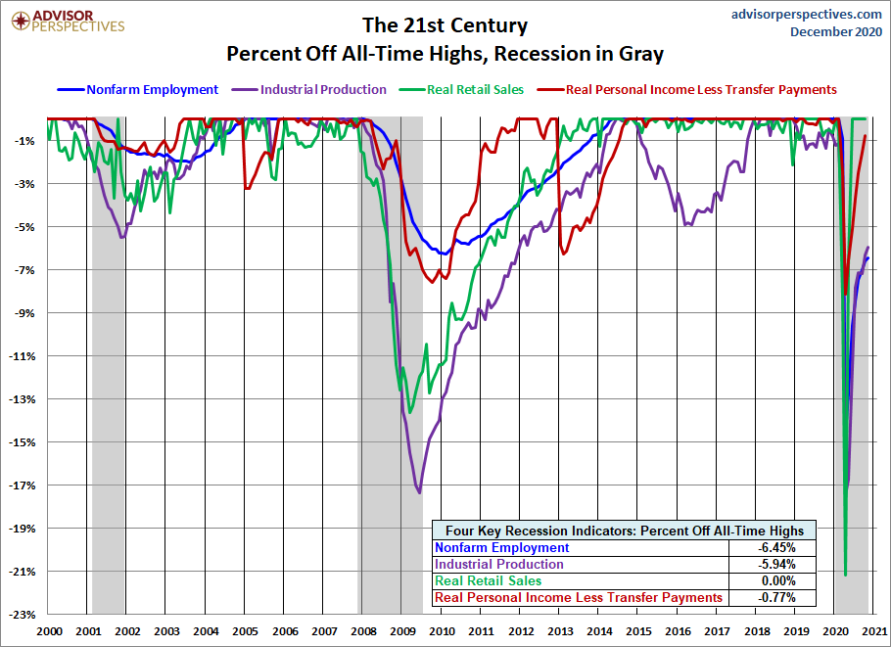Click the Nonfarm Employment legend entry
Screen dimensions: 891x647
point(137,90)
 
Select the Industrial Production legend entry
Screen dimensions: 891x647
point(309,90)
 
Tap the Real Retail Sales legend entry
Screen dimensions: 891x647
point(461,90)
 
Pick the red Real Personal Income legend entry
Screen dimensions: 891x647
point(687,90)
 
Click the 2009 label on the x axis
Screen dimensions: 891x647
point(402,631)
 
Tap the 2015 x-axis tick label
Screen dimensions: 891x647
point(638,631)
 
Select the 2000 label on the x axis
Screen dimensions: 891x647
point(49,631)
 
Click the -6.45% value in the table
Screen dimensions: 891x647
point(776,548)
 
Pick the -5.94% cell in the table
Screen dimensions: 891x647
point(776,565)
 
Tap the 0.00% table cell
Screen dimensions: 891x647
point(778,581)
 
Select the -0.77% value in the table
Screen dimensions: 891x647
point(776,598)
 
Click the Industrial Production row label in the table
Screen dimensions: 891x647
point(499,565)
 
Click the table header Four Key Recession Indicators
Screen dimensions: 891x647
point(625,531)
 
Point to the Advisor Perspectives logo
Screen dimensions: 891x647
point(68,21)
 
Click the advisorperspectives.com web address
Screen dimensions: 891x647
point(807,15)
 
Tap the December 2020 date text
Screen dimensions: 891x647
point(836,31)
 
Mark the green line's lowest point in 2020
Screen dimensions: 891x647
point(846,575)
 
